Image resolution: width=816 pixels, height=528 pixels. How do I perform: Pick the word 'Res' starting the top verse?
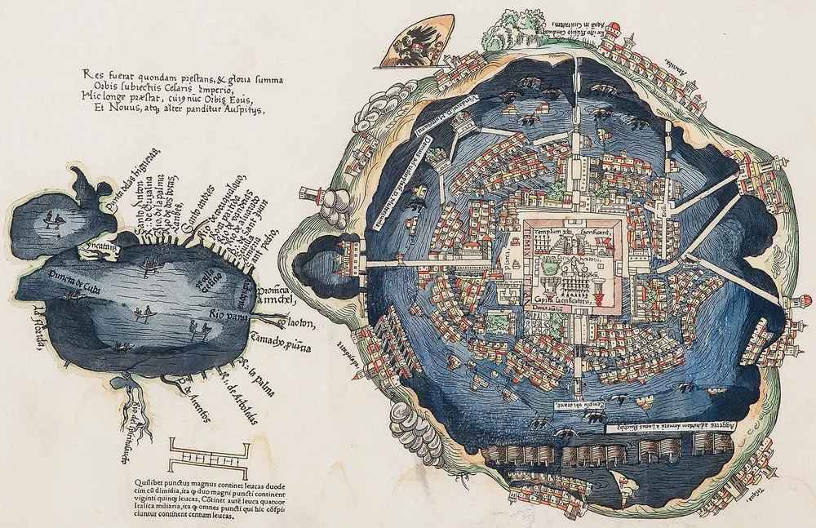click(x=91, y=73)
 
